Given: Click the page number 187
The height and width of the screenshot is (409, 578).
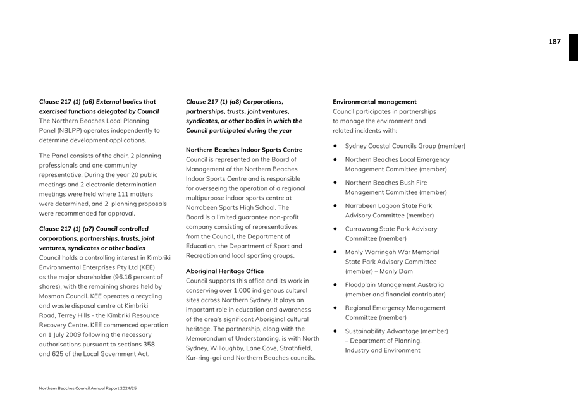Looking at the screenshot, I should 554,42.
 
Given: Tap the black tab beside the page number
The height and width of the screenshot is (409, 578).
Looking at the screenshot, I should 573,47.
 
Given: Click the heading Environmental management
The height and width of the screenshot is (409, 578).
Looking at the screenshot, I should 374,102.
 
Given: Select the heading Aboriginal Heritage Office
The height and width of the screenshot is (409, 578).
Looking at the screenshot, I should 224,271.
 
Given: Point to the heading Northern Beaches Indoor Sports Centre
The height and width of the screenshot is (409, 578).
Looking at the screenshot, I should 244,150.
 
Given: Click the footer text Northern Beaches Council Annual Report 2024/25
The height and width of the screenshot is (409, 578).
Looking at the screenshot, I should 88,388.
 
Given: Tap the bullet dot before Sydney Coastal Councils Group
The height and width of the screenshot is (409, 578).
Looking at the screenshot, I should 335,147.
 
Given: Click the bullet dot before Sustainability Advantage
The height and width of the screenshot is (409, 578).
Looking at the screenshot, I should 335,331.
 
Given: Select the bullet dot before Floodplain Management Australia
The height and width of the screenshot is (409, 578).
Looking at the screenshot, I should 335,285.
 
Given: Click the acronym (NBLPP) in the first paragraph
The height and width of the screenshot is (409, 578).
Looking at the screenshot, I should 69,131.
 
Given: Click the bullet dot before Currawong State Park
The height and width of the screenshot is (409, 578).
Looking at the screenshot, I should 335,229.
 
